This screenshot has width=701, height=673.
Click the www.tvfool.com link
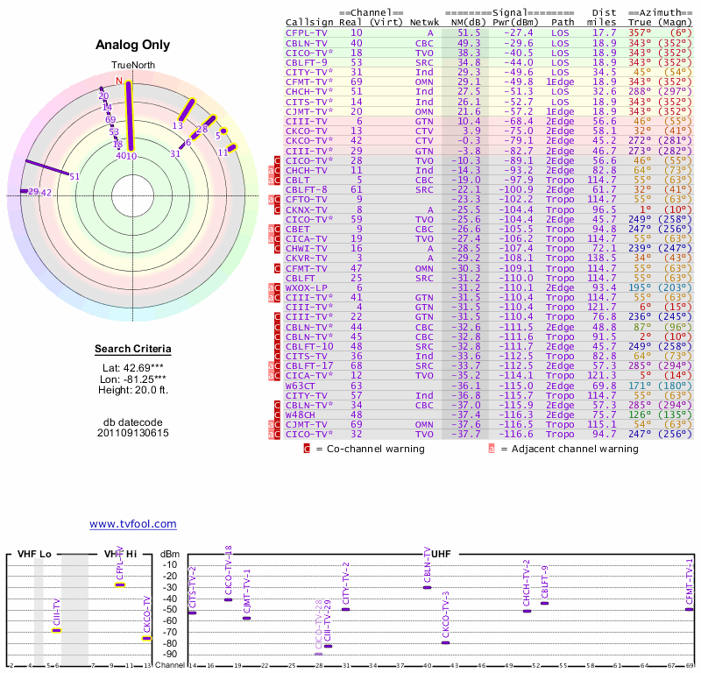[x=133, y=524]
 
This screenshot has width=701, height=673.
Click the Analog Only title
[x=133, y=46]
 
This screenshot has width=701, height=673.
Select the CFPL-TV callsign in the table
[x=305, y=32]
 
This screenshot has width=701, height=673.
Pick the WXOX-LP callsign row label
[x=306, y=287]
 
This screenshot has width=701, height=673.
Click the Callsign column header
[x=305, y=21]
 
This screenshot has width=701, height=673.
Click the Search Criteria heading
[x=133, y=350]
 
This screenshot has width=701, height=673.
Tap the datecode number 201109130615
[x=133, y=433]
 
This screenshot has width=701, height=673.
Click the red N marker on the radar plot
[x=119, y=81]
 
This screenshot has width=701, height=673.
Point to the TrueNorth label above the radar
[x=133, y=66]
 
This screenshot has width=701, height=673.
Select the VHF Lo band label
[x=35, y=554]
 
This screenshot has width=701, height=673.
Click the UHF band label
[x=443, y=554]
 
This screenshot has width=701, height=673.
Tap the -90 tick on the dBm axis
[x=170, y=654]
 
